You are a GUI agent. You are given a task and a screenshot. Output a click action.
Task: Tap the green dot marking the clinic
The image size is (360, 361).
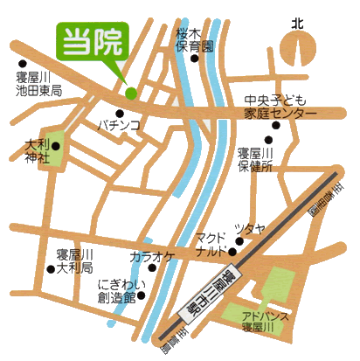click(x=130, y=93)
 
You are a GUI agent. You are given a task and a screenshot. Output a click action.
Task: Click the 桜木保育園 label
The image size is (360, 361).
click(x=194, y=33)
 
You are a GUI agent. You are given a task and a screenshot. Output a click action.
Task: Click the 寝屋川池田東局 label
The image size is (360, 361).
click(x=39, y=84)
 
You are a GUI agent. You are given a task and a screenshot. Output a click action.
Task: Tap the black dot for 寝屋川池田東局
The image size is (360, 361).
click(x=22, y=64)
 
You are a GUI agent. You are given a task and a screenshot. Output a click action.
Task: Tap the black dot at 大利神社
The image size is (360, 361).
click(x=56, y=147)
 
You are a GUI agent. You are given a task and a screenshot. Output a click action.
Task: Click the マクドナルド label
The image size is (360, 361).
click(x=212, y=244)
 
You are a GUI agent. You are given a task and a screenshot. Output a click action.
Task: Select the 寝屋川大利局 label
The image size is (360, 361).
click(x=75, y=260)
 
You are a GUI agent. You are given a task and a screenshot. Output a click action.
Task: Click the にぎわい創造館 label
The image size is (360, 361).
click(x=117, y=291)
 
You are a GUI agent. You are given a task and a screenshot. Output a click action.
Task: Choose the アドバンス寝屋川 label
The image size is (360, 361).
click(x=266, y=321)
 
